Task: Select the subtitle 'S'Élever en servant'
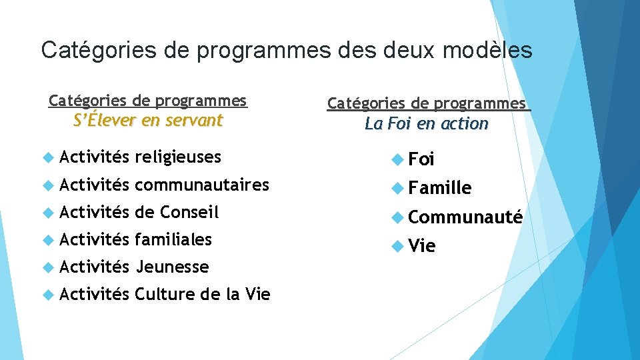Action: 148,121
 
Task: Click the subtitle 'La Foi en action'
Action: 427,124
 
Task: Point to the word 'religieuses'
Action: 177,157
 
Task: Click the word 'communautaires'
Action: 202,185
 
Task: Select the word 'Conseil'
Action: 189,212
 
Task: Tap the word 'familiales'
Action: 173,239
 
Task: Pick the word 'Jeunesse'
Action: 172,267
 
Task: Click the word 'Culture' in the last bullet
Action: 165,294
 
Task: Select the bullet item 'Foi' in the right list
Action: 421,159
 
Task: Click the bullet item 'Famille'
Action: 440,188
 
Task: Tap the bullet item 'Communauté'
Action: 465,217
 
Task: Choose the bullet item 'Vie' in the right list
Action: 422,246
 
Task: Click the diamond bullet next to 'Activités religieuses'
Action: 47,157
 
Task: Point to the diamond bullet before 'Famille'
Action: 397,188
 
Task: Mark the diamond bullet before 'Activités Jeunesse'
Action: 47,267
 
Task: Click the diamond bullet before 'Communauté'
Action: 397,217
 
